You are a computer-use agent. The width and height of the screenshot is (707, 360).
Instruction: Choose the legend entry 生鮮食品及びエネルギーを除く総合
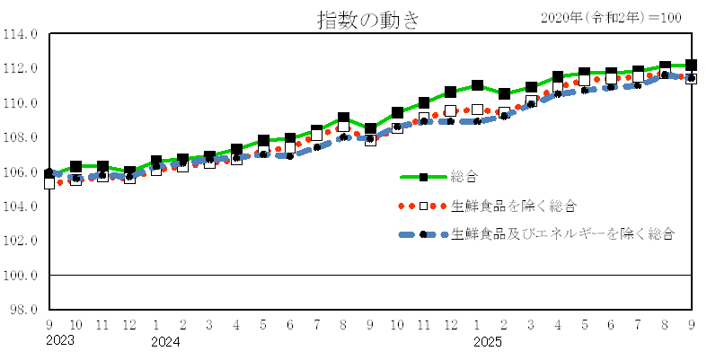point(562,233)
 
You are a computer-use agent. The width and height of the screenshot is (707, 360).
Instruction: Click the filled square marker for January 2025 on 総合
point(477,86)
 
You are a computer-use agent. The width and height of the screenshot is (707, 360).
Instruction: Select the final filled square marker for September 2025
point(691,66)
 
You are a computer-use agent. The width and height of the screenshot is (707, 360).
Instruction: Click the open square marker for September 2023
point(49,183)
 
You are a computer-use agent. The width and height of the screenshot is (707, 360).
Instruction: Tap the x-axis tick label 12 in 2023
point(129,324)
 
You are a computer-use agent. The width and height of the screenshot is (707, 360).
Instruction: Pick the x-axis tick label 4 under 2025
point(558,324)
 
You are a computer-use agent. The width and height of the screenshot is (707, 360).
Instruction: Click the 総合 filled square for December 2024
point(450,92)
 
